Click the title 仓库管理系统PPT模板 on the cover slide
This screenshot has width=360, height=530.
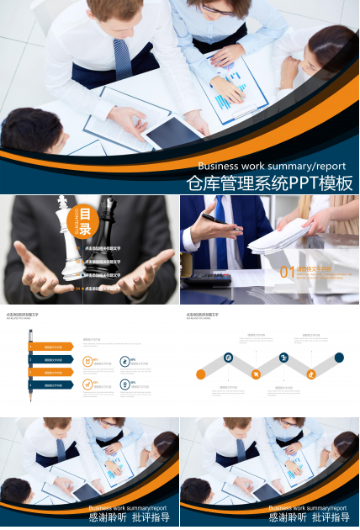point(269,183)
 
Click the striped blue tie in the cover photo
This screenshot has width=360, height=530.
point(123,58)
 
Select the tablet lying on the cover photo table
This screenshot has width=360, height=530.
point(172,132)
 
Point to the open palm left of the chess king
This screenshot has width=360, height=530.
point(38,277)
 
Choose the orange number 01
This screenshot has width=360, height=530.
point(287,272)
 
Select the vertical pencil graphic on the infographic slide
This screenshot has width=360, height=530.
point(30,364)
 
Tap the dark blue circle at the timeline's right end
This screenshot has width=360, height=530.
point(339,358)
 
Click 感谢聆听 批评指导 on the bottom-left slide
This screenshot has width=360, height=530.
point(130,517)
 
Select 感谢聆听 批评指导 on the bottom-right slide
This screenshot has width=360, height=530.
point(310,517)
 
